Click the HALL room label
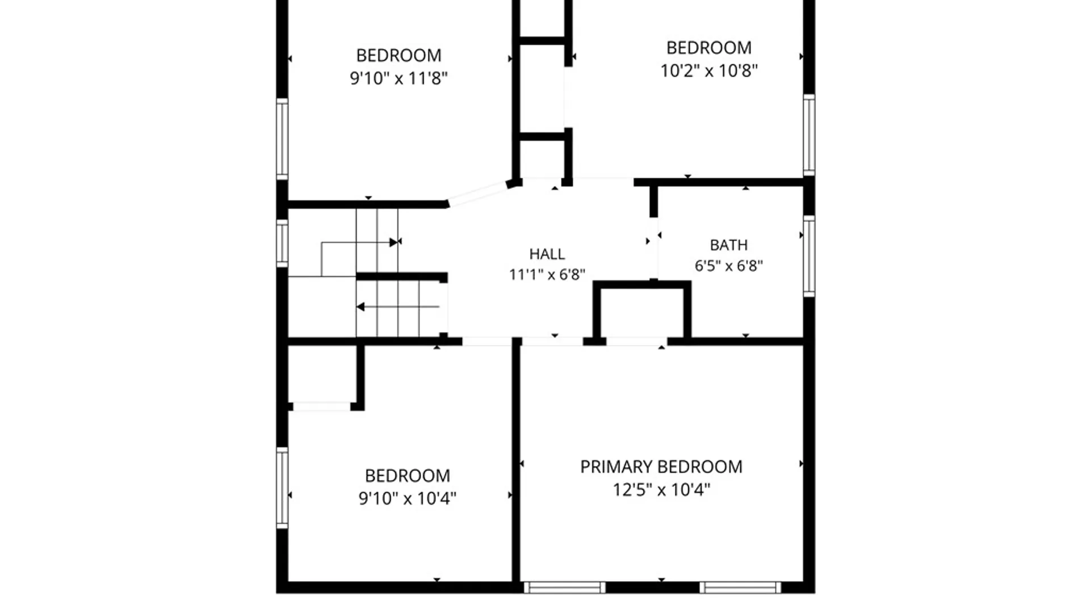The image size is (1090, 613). pyautogui.click(x=547, y=254)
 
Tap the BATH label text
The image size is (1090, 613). pyautogui.click(x=729, y=245)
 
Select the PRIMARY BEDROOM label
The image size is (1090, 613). pyautogui.click(x=661, y=467)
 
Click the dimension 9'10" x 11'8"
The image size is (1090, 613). pyautogui.click(x=399, y=78)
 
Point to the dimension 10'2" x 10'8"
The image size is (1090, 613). pyautogui.click(x=709, y=70)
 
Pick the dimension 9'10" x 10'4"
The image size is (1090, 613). pyautogui.click(x=407, y=498)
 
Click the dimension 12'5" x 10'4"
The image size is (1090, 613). pyautogui.click(x=661, y=489)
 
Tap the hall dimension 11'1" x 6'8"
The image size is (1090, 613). pyautogui.click(x=547, y=275)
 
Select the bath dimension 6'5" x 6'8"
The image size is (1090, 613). pyautogui.click(x=729, y=266)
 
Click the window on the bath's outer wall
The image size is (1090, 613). pyautogui.click(x=809, y=256)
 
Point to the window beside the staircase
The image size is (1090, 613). pyautogui.click(x=282, y=243)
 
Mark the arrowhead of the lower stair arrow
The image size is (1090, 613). pyautogui.click(x=360, y=307)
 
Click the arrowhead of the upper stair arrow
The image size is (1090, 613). pyautogui.click(x=393, y=242)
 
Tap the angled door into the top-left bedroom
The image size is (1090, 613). pyautogui.click(x=477, y=195)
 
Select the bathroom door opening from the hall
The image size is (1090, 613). pyautogui.click(x=654, y=248)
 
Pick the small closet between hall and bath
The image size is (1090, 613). pyautogui.click(x=642, y=313)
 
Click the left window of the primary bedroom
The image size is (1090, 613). pyautogui.click(x=564, y=587)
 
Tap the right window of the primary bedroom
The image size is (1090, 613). pyautogui.click(x=740, y=587)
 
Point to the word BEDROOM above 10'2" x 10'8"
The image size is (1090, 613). pyautogui.click(x=709, y=48)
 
